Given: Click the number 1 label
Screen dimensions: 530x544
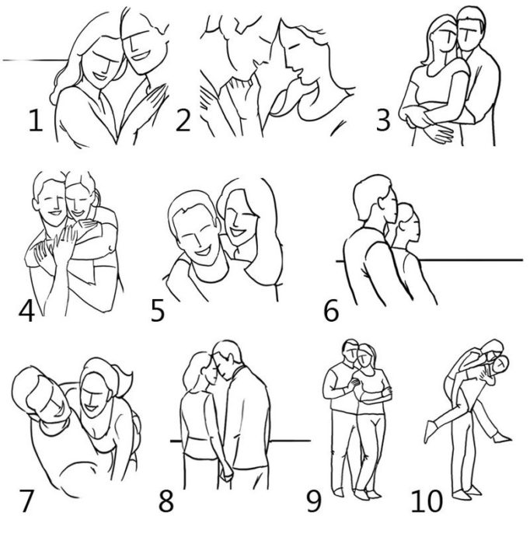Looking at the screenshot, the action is click(x=36, y=120).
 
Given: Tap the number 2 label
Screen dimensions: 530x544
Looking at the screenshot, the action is click(x=183, y=120).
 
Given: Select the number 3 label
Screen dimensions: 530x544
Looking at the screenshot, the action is click(x=383, y=120).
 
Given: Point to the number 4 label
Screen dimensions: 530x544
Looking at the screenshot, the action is click(x=26, y=311).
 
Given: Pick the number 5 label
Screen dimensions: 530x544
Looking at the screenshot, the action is click(x=158, y=311).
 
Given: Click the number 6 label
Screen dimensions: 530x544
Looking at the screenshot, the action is click(x=331, y=311).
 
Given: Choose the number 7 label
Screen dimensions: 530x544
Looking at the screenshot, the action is click(x=26, y=501).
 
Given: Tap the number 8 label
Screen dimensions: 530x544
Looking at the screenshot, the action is click(x=166, y=501).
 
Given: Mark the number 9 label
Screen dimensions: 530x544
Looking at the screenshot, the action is click(x=314, y=501).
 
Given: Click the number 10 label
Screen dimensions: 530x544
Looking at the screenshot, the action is click(x=427, y=501).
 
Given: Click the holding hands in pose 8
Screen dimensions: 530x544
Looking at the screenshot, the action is click(x=226, y=474).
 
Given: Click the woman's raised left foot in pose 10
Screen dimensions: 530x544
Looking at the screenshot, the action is click(x=430, y=431).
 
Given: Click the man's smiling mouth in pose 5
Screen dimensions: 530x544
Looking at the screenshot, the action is click(x=204, y=250).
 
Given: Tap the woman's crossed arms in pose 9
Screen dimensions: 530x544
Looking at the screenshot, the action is click(x=377, y=396).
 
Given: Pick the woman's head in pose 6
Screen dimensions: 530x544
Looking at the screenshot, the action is click(x=408, y=223).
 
